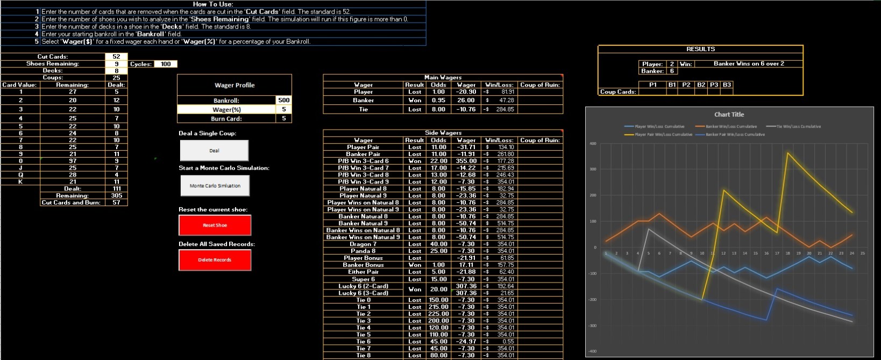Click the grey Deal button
pos(214,151)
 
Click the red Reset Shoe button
pos(215,225)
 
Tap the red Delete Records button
pos(215,260)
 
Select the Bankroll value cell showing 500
pos(283,100)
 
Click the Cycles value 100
pos(165,64)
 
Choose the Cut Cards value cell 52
pos(116,57)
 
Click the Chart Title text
pos(729,115)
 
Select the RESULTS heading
pos(700,49)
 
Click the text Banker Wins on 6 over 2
pos(748,63)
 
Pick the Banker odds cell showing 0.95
pos(438,100)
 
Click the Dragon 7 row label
pos(363,244)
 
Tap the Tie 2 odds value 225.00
pos(438,314)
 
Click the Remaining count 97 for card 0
pos(73,161)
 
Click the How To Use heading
pos(213,4)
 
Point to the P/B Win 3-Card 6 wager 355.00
pos(466,161)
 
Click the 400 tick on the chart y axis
pos(593,144)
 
